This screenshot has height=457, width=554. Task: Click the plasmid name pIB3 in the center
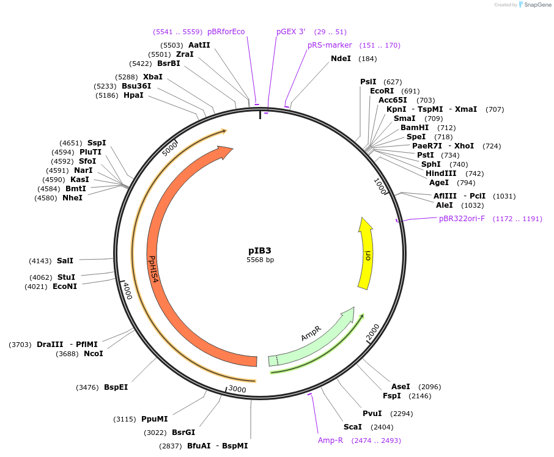pos(259,250)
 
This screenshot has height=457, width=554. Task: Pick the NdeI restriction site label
pos(341,59)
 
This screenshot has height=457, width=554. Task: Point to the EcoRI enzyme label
pos(382,91)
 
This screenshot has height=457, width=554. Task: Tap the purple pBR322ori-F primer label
pos(462,219)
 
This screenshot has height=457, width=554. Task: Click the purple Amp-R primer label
pos(330,441)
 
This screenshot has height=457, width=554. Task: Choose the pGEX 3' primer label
pos(290,32)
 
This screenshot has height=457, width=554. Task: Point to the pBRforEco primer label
pos(226,32)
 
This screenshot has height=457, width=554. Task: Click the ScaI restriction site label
pos(352,427)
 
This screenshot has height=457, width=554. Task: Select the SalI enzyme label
pos(65,261)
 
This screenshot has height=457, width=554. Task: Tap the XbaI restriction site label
pos(153,77)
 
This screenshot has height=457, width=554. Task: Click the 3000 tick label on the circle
pos(237,389)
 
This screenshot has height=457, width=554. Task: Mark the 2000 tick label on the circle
pos(372,332)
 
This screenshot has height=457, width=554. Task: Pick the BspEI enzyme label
pos(116,387)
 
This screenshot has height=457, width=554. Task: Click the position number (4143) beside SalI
pos(40,261)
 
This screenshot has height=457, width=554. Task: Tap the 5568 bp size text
pos(260,260)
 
